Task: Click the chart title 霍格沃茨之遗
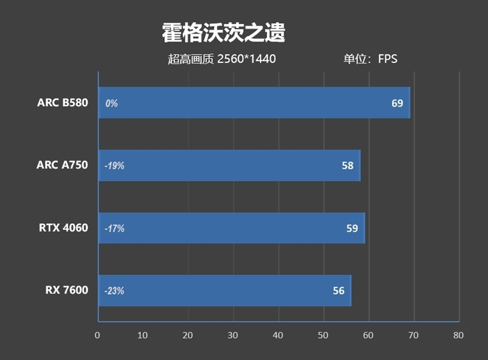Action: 223,33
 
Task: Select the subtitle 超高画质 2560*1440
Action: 222,59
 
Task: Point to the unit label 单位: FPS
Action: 370,59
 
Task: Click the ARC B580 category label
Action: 62,103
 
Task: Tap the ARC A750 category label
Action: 62,165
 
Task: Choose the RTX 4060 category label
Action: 63,228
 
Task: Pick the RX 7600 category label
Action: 66,290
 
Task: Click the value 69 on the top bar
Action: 397,103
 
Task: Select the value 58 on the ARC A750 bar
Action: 348,165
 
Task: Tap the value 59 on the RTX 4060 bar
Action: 352,228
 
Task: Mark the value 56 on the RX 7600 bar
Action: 339,290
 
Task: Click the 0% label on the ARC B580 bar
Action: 111,104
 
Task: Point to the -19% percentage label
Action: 114,166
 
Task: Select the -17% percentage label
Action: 114,229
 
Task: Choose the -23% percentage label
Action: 114,291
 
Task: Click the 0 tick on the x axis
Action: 97,335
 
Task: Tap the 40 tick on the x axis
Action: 278,335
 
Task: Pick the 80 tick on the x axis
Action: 459,335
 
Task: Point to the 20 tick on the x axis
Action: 188,335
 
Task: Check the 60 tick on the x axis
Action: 368,335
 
